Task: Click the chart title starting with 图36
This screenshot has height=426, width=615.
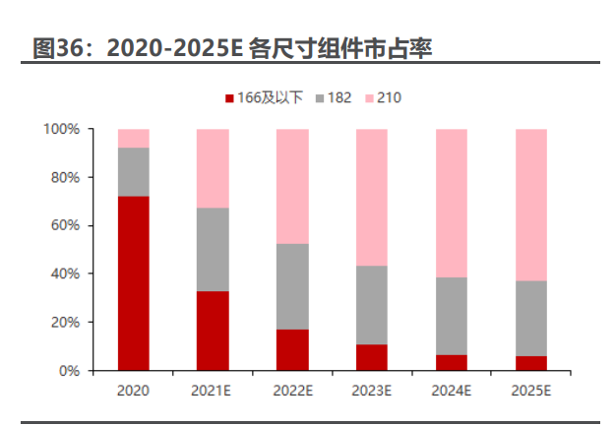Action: tap(232, 47)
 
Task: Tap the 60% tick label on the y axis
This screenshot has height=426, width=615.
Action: tap(64, 226)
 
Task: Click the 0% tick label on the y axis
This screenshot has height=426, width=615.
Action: tap(67, 371)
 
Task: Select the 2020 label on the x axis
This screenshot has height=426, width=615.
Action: tap(133, 391)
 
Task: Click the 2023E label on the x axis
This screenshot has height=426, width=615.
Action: tap(372, 391)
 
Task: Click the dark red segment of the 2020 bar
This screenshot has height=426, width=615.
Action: tap(133, 283)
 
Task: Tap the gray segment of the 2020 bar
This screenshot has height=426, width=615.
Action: tap(133, 172)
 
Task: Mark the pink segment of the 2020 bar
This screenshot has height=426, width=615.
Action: tap(133, 138)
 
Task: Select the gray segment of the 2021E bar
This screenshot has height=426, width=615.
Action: tap(213, 249)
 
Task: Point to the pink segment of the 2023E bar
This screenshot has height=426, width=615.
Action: tap(372, 197)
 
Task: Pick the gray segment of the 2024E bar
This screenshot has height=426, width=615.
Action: tap(452, 316)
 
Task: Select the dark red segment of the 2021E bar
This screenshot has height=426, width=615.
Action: tap(213, 331)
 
